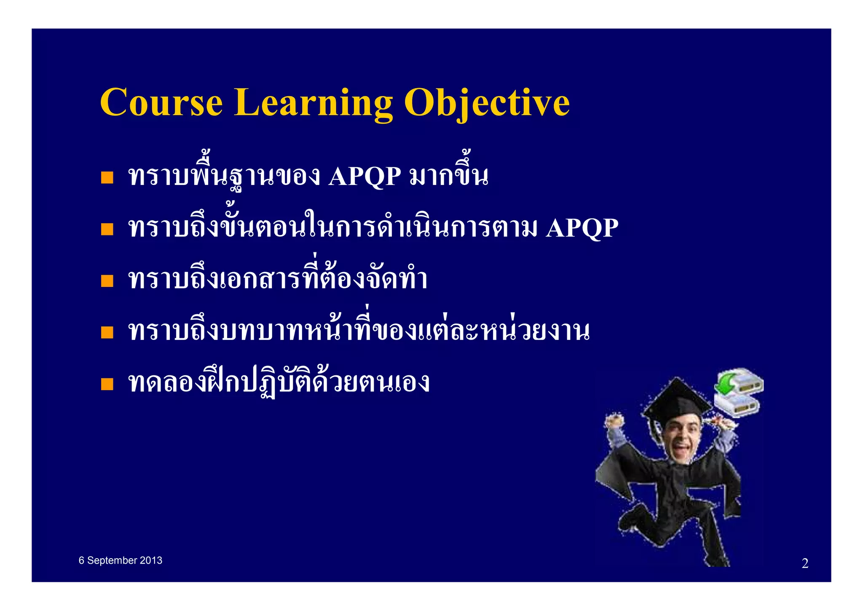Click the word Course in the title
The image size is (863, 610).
click(161, 102)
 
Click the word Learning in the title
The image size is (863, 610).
click(313, 102)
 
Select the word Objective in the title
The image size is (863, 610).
click(486, 102)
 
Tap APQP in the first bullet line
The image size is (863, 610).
click(364, 176)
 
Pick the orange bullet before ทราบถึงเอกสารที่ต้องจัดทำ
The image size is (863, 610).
click(107, 281)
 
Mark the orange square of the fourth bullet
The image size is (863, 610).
click(107, 332)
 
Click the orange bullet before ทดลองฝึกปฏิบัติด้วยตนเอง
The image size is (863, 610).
click(107, 384)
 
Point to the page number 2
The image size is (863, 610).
click(805, 563)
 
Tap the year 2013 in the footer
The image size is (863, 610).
click(151, 560)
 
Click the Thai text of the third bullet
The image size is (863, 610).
click(278, 279)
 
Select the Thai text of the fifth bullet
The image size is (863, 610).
click(278, 383)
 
